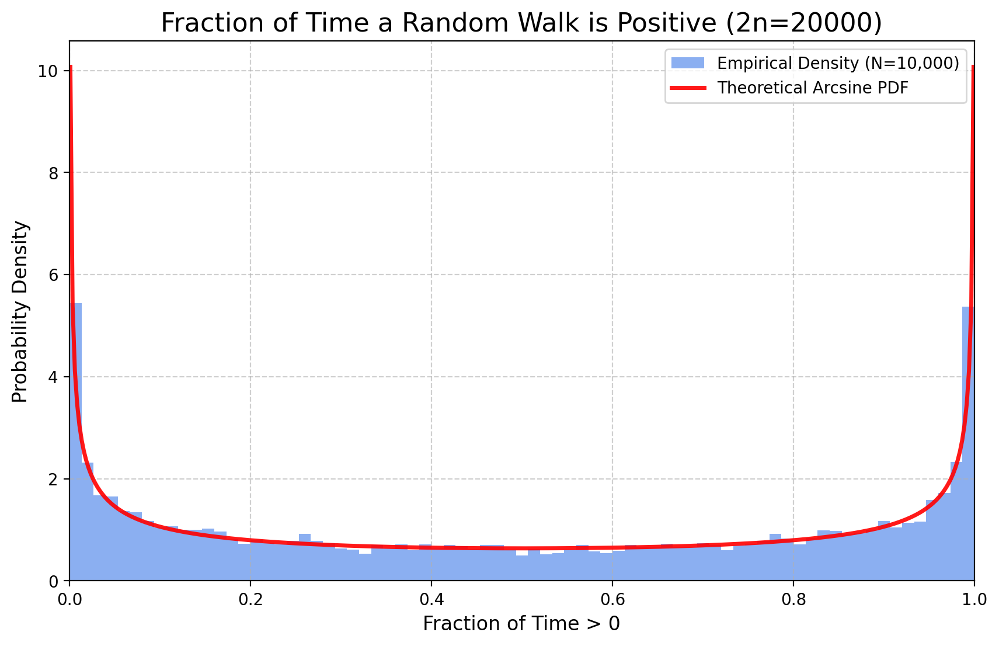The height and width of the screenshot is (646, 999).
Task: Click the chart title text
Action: click(x=521, y=23)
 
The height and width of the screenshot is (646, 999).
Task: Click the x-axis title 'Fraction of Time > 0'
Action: click(x=521, y=624)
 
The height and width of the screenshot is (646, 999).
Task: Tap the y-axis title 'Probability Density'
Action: click(x=20, y=311)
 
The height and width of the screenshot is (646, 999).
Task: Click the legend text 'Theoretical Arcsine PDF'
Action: click(x=813, y=88)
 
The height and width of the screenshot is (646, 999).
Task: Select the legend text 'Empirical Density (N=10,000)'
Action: click(x=838, y=63)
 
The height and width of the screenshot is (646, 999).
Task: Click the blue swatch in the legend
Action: click(x=688, y=63)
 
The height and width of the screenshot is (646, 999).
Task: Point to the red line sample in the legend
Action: click(x=688, y=88)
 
